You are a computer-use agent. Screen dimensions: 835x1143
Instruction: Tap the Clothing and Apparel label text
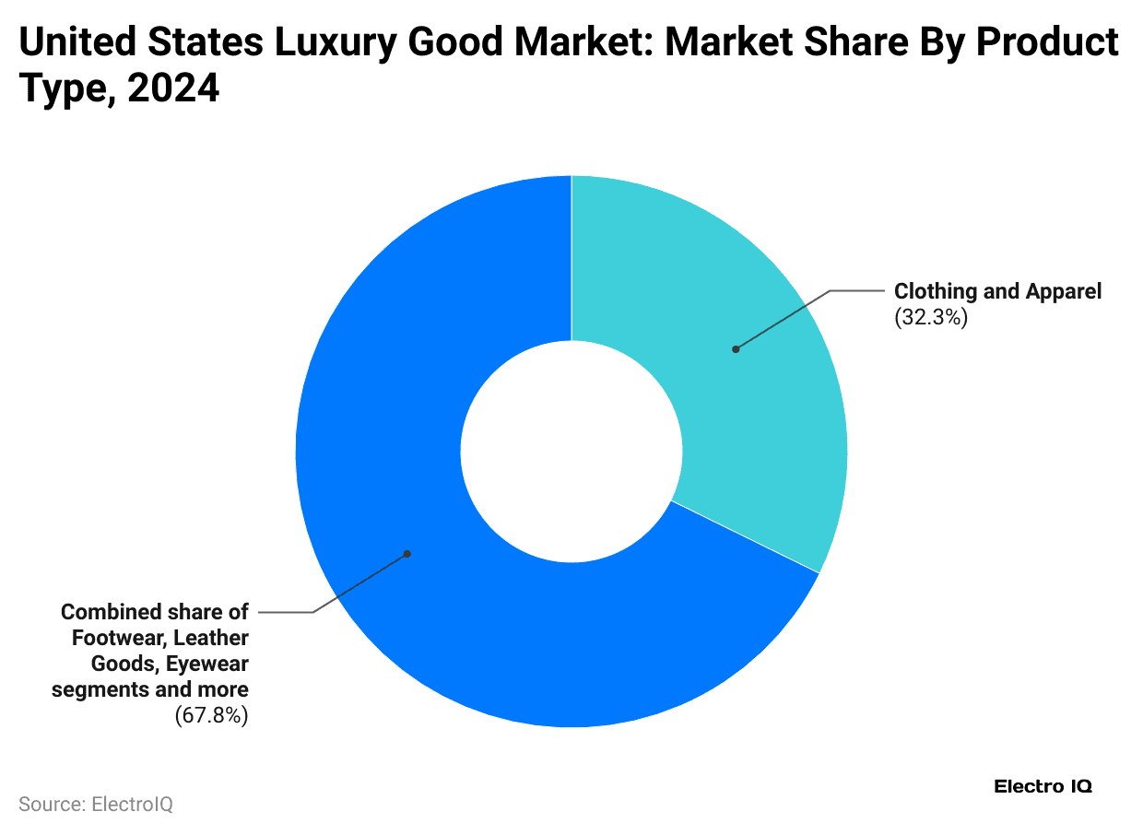pyautogui.click(x=997, y=292)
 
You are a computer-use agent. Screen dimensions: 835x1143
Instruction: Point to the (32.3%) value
pyautogui.click(x=931, y=319)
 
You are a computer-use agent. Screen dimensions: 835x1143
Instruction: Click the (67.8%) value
pyautogui.click(x=211, y=715)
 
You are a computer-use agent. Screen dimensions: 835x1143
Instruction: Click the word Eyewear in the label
pyautogui.click(x=208, y=664)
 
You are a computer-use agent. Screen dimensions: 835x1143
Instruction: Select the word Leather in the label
pyautogui.click(x=211, y=638)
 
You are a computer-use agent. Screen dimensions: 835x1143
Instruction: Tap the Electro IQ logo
pyautogui.click(x=1043, y=786)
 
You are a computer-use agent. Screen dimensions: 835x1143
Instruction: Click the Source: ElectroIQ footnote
pyautogui.click(x=96, y=805)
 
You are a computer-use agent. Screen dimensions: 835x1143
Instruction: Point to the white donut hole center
pyautogui.click(x=571, y=452)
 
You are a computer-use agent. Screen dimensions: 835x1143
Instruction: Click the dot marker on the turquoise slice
pyautogui.click(x=736, y=349)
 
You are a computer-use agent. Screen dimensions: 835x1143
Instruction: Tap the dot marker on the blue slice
pyautogui.click(x=407, y=554)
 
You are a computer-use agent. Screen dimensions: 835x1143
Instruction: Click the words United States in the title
pyautogui.click(x=128, y=43)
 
